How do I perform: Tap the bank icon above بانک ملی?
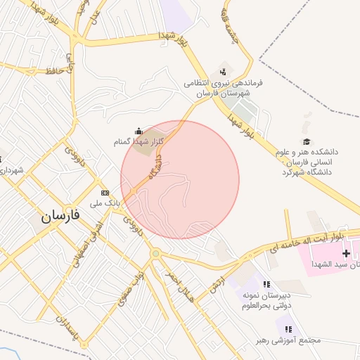pos(105,193)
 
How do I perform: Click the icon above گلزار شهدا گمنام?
pos(139,131)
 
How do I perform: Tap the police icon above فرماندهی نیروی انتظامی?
pos(224,71)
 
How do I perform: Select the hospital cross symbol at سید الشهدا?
pos(345,252)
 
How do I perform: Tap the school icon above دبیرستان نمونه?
pos(266,284)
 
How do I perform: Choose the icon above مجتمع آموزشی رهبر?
pos(288,328)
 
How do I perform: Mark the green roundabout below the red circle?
pos(155,254)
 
